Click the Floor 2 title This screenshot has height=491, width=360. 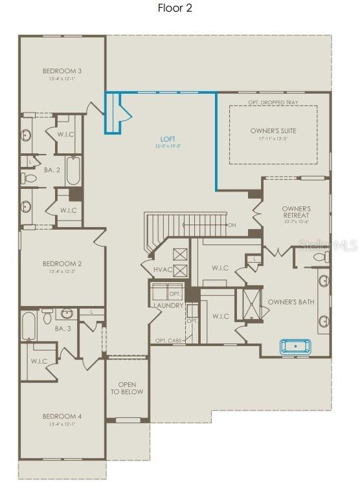175,8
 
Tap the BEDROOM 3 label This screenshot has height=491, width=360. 62,71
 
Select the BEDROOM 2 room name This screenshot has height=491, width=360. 62,263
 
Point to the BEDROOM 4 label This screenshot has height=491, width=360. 62,416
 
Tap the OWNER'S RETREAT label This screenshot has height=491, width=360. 297,212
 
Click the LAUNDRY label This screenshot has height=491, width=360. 168,305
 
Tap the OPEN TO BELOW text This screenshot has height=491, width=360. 126,388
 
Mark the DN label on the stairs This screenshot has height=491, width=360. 232,225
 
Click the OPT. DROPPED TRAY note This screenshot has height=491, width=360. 273,102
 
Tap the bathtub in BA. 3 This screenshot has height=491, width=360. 28,326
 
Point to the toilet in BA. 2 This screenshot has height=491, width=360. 30,177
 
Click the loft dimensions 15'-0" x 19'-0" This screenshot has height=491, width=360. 168,146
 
